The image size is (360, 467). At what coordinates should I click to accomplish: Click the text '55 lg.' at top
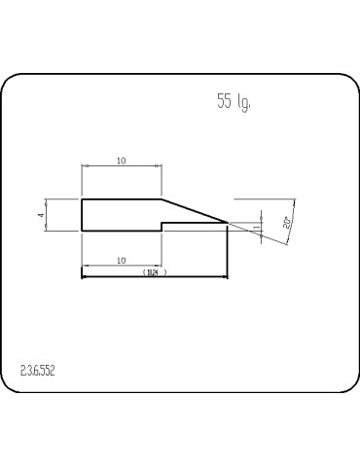(234, 102)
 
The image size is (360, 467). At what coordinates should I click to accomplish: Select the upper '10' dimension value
(121, 161)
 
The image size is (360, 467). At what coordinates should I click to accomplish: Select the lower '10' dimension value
(121, 260)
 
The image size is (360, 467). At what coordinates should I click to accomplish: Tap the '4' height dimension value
(42, 215)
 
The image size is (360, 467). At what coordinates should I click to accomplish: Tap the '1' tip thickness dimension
(256, 228)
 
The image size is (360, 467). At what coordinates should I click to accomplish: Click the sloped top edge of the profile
(195, 211)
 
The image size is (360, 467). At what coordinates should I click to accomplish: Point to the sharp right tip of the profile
(228, 223)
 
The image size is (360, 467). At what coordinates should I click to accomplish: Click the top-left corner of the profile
(82, 199)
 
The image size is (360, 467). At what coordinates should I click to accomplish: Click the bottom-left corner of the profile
(82, 231)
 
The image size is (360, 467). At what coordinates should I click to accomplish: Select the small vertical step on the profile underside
(162, 227)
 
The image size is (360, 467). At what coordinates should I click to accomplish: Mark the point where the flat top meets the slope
(162, 199)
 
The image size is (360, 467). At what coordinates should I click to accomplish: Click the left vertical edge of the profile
(82, 215)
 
